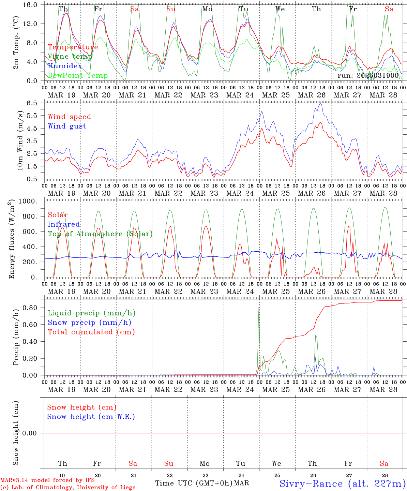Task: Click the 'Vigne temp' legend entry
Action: [x=70, y=57]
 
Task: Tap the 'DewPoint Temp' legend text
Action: [x=78, y=76]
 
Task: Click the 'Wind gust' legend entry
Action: [x=67, y=126]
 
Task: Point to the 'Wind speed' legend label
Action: [x=69, y=117]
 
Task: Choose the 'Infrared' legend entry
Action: [x=64, y=224]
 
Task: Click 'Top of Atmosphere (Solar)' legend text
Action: [x=100, y=234]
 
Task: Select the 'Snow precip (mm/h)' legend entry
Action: [x=89, y=323]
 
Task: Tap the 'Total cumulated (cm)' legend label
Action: [x=91, y=332]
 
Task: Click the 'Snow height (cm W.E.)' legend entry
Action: [x=91, y=417]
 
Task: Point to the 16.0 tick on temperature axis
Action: [x=30, y=5]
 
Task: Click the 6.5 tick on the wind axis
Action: [x=33, y=103]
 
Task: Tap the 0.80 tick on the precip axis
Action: [x=30, y=308]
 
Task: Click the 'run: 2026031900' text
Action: [x=368, y=75]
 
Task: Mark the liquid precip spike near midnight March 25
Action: [x=259, y=306]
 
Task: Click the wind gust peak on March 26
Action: [x=320, y=104]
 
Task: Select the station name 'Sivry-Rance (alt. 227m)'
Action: [x=342, y=483]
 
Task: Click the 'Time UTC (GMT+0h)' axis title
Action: [x=194, y=483]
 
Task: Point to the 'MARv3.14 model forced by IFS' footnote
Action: [x=47, y=480]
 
